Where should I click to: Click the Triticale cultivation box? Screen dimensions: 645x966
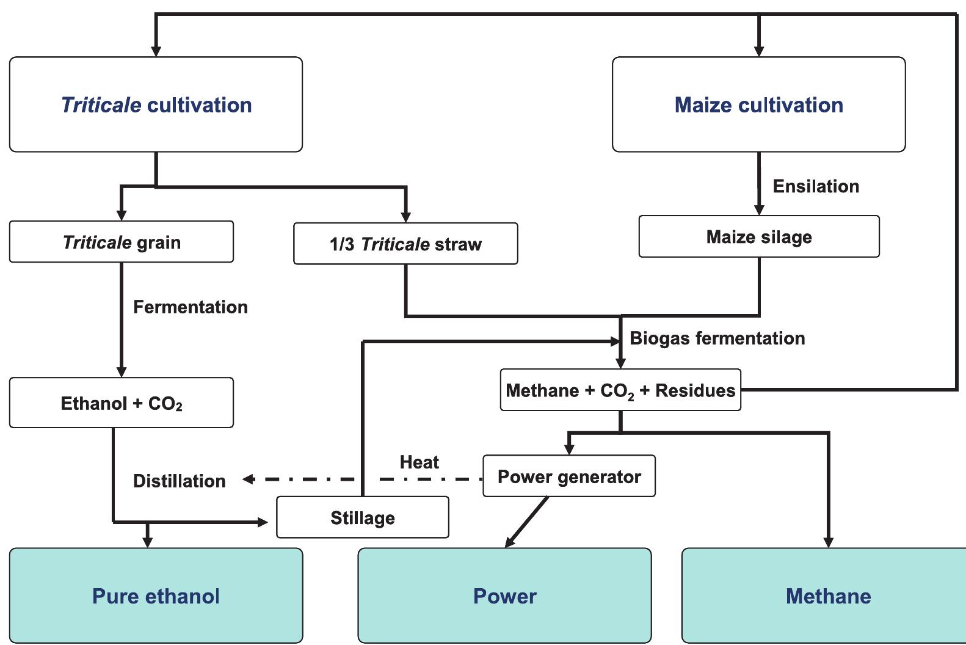(156, 104)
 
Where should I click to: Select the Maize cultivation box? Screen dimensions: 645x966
(758, 104)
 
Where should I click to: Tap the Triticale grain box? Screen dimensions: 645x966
(121, 242)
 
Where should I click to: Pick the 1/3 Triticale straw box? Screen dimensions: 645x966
(405, 244)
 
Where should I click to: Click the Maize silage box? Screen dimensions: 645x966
(758, 236)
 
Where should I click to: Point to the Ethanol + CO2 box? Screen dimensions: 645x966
(121, 403)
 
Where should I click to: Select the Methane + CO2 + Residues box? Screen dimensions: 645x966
(620, 390)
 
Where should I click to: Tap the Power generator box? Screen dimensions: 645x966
(568, 476)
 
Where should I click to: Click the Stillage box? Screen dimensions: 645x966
(362, 518)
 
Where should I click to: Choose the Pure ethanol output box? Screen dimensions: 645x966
(156, 596)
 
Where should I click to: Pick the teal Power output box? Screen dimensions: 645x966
(504, 596)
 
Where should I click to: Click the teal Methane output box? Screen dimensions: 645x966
(827, 596)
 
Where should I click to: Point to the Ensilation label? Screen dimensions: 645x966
(816, 186)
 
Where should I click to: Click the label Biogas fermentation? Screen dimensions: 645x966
(717, 338)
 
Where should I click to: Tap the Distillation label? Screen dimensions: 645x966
(179, 481)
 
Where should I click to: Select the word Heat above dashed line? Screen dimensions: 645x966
(419, 462)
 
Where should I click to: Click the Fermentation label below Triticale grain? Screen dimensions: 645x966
(190, 307)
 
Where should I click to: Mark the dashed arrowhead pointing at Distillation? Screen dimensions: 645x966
(247, 479)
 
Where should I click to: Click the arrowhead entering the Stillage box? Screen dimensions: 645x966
(263, 522)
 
